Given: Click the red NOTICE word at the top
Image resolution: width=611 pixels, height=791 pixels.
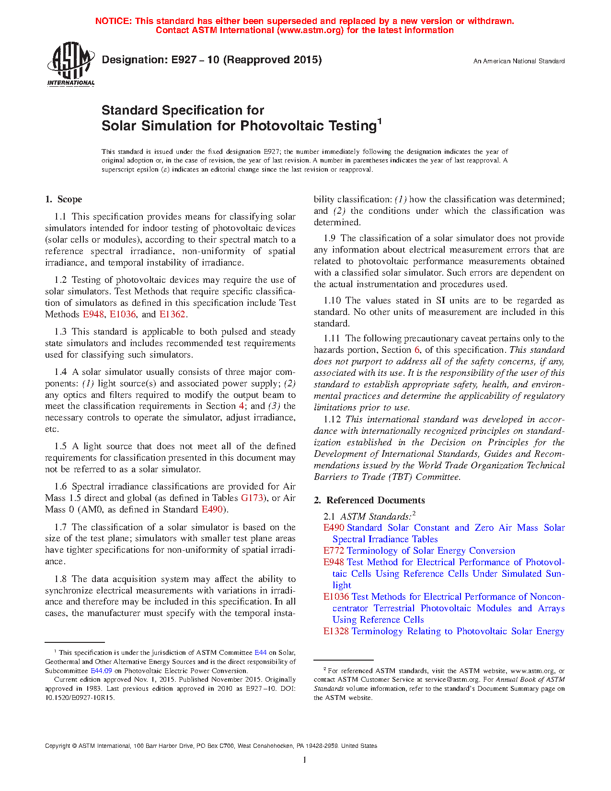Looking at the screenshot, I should (113, 21).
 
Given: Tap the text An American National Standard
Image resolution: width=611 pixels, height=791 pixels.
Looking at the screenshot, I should (519, 61).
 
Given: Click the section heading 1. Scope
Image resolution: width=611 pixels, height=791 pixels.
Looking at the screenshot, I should (64, 199).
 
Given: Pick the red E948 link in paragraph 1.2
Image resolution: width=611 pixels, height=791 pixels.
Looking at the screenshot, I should (93, 314).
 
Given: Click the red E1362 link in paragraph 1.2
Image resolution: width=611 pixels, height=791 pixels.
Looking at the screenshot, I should (172, 314).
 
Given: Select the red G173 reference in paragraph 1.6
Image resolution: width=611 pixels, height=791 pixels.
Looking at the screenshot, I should (252, 498).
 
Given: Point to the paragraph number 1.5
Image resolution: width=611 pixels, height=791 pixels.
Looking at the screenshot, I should (60, 446).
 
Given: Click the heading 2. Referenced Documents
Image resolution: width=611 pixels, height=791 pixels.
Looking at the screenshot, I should (369, 500).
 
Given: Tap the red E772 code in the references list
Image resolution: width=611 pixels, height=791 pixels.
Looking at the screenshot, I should (334, 551).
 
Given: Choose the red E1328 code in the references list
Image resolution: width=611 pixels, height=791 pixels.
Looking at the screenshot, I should (336, 631).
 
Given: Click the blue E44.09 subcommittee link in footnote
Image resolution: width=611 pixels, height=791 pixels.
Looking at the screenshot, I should (101, 671).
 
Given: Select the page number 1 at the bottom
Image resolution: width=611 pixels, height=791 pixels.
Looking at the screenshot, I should (305, 760).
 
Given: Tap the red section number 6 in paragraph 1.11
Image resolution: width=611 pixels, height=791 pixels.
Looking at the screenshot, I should (417, 350).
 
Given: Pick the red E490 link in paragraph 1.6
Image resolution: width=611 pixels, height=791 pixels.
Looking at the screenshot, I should (212, 510).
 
